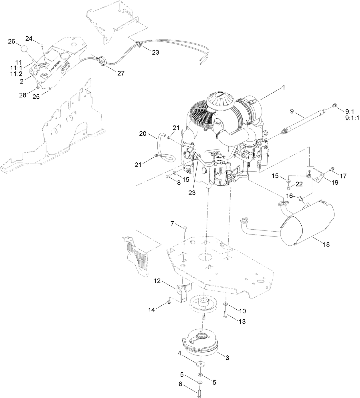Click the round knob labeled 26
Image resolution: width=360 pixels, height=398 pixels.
pos(25,48)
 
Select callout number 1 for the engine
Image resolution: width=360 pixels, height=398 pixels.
pos(284,88)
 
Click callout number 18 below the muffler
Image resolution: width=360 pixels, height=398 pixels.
pos(326,244)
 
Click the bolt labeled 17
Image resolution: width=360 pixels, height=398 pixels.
pos(332,170)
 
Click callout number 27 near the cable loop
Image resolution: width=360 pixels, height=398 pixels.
pos(121,73)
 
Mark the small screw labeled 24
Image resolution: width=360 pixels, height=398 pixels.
pos(42,45)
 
